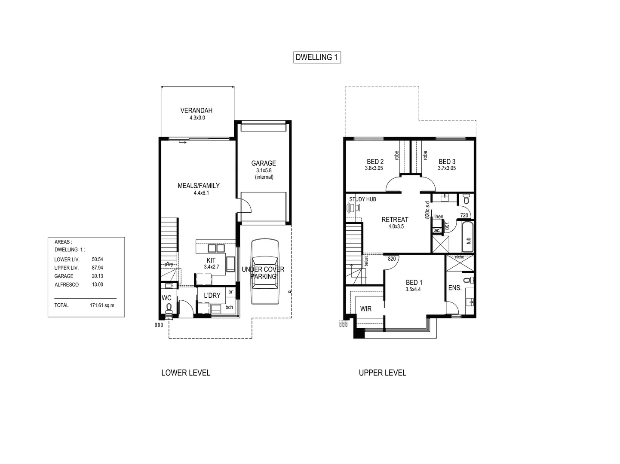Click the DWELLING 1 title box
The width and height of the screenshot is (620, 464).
point(317,57)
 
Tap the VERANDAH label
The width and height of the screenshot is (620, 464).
point(196,110)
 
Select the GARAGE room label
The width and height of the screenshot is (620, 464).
point(264,163)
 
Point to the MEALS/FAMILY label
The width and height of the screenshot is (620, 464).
point(199,186)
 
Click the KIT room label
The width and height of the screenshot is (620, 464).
point(211,260)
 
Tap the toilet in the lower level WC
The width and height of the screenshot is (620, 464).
point(169,307)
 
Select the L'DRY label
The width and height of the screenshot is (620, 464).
point(212,295)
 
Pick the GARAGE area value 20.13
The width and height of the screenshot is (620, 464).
point(97,276)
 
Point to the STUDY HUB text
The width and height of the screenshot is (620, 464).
point(362,199)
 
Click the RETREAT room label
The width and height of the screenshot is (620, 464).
point(395,220)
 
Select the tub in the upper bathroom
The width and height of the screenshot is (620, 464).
point(467,237)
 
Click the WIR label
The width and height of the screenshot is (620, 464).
point(366,308)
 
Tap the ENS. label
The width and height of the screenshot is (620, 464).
point(455,288)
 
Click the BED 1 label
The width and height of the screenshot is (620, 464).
point(414,282)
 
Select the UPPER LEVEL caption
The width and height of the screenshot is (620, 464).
point(382,373)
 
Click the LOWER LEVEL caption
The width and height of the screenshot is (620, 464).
point(186,373)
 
